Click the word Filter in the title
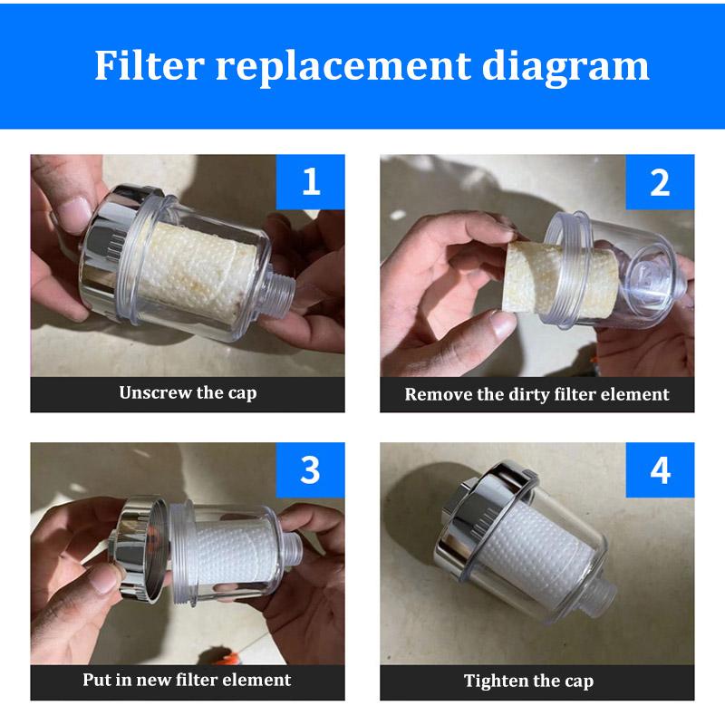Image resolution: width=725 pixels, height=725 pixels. pos(150,65)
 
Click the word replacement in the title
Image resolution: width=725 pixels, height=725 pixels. pos(343,68)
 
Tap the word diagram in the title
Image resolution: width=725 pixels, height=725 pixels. pos(565,68)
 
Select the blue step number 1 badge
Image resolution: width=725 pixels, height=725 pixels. pos(310,182)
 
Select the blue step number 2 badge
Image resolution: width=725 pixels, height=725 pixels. pos(660,182)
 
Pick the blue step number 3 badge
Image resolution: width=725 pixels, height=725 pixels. pos(310,469)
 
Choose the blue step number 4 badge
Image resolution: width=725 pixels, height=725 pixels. pos(660,469)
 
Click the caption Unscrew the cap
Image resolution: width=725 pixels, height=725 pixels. pos(188,393)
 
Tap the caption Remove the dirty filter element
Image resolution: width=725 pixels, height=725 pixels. pos(536,394)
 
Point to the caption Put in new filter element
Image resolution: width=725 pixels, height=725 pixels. pos(187,681)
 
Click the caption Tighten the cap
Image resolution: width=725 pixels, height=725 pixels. pos(528,681)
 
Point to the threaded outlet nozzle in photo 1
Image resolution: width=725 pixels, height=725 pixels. pos(281,289)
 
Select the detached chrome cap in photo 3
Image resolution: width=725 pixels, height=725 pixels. pos(139,550)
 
